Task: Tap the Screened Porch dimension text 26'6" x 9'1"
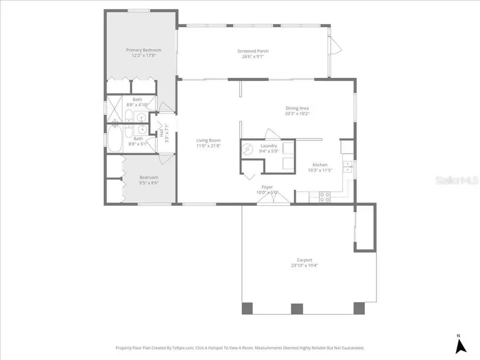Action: [253, 57]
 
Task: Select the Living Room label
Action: [208, 140]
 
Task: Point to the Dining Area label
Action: [297, 108]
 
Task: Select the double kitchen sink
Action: [347, 167]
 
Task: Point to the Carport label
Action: [301, 260]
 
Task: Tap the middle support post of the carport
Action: [296, 308]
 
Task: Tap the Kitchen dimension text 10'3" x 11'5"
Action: [320, 170]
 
